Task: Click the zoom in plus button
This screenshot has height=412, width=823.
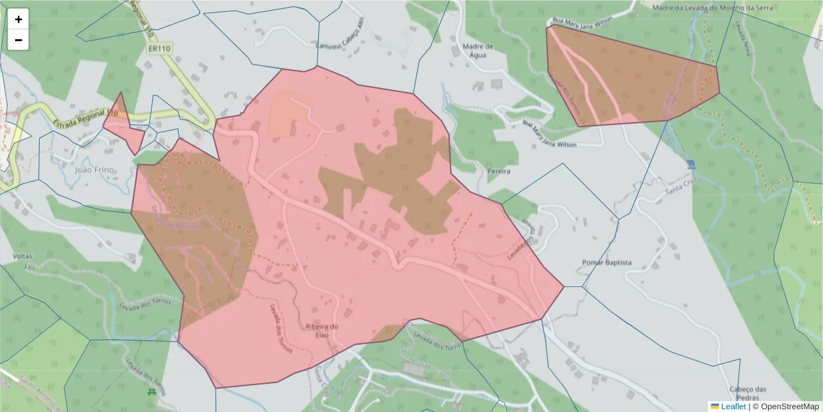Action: click(19, 19)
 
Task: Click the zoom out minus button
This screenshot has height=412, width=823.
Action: click(19, 40)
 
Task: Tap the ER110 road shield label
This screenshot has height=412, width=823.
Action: click(158, 49)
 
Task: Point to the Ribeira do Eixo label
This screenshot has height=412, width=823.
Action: click(322, 331)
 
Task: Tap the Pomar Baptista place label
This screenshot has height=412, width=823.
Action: click(606, 262)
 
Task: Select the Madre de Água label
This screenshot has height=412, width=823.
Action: click(479, 52)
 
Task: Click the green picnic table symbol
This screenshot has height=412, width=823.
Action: click(151, 391)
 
